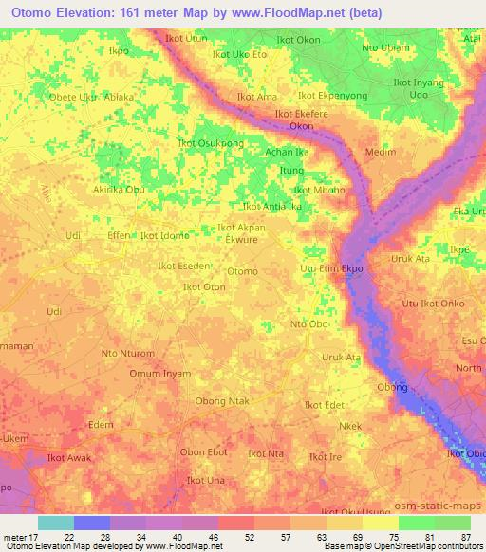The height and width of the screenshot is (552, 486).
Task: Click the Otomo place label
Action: [242, 272]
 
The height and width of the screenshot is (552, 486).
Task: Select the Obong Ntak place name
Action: [222, 401]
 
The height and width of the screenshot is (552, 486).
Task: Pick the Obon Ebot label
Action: [203, 452]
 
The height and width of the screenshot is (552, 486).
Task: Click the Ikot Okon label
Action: [297, 41]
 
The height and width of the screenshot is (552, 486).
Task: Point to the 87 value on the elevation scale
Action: [466, 540]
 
